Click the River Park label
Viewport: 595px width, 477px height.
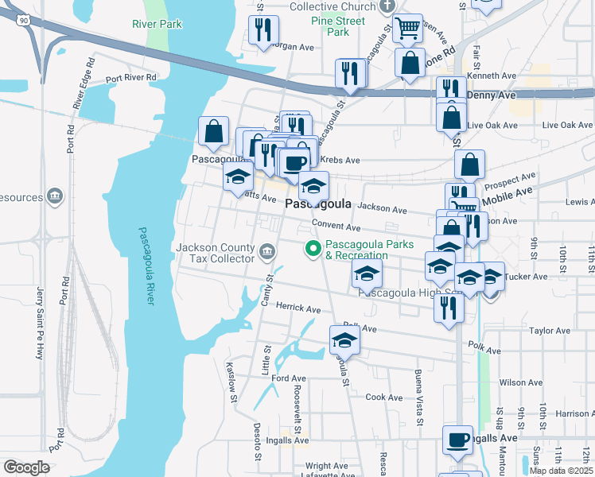coord(157,24)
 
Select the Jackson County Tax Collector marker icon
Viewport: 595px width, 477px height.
coord(267,253)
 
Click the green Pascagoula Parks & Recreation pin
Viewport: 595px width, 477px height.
coord(313,250)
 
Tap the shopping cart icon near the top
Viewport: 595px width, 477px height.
coord(408,28)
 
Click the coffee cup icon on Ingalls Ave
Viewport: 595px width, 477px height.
coord(458,440)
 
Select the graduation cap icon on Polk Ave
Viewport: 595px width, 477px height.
coord(344,340)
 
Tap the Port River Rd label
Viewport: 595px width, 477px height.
coord(131,78)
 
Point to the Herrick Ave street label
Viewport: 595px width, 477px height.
coord(297,308)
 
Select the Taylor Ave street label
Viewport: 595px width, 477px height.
coord(551,331)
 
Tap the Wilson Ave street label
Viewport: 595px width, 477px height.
coord(520,382)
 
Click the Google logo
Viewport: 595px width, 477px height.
coord(27,467)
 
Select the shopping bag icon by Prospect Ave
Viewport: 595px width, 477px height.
coord(470,165)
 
